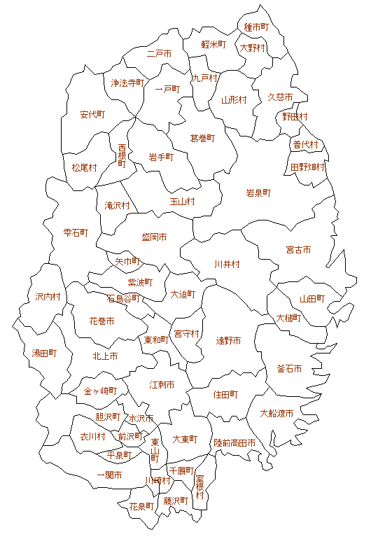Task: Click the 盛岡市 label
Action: click(x=154, y=237)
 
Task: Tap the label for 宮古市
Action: click(x=298, y=250)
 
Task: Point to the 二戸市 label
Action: click(x=160, y=53)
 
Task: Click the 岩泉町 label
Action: click(x=258, y=192)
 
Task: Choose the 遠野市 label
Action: click(x=228, y=341)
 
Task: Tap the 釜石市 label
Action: click(x=290, y=369)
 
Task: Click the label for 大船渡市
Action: click(x=276, y=413)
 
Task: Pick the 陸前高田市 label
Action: click(x=234, y=443)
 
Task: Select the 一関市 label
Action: click(x=109, y=475)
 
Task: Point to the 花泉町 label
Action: click(x=141, y=505)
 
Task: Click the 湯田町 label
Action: click(x=43, y=353)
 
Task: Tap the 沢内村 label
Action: click(x=48, y=297)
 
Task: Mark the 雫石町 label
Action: click(x=76, y=232)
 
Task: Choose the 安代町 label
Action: click(x=92, y=114)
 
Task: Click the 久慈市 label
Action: click(x=281, y=97)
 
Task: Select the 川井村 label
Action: click(x=227, y=265)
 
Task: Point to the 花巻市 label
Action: click(x=101, y=321)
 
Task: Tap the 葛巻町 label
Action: click(x=203, y=139)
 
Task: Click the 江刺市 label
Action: click(x=162, y=385)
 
